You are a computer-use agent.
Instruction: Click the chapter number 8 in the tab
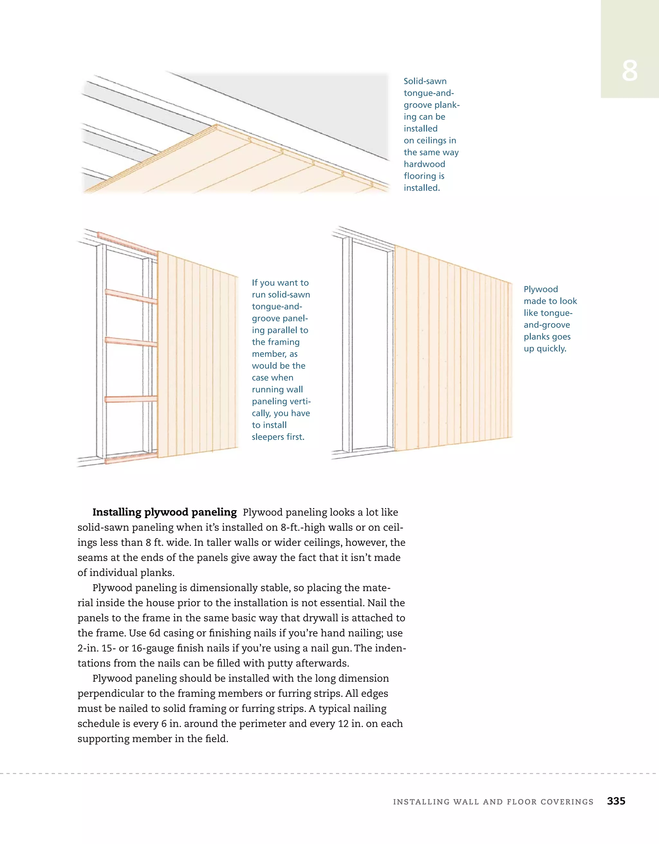[x=629, y=71]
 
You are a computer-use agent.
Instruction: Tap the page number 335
[x=616, y=801]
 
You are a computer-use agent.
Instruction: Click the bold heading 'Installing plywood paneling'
[x=164, y=512]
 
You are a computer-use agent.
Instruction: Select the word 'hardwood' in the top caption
[x=424, y=164]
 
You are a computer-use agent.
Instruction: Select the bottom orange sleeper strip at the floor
[x=131, y=459]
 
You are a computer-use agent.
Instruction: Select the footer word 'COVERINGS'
[x=567, y=802]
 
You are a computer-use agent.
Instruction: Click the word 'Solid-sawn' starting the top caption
[x=425, y=82]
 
